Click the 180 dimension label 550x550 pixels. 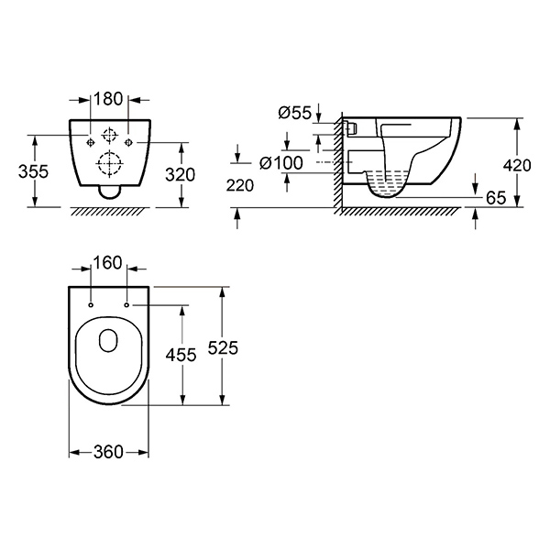point(108,99)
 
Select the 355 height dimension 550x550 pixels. point(33,171)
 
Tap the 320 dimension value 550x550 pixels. point(180,175)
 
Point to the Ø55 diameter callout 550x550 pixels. point(294,113)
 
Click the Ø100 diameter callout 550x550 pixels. point(281,163)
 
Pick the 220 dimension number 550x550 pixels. point(240,185)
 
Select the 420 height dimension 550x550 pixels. point(517,165)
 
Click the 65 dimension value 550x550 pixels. point(496,198)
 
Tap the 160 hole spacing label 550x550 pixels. point(107,263)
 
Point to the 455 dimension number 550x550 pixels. point(181,355)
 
